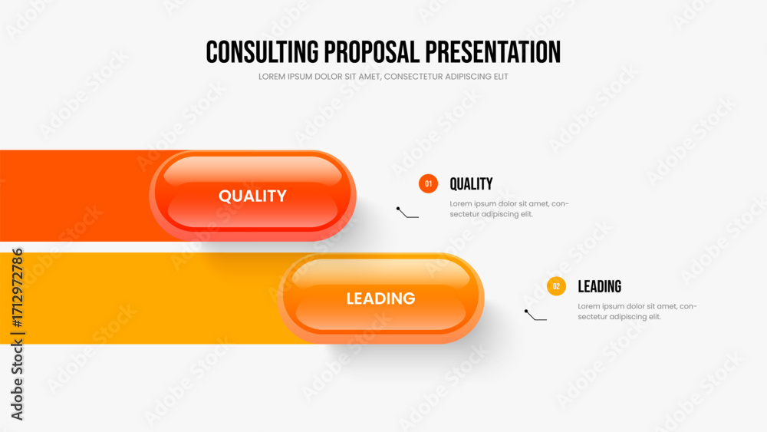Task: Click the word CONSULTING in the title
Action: (262, 52)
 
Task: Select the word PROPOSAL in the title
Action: (372, 52)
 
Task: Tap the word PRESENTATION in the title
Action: (492, 52)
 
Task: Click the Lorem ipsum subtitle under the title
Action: (383, 77)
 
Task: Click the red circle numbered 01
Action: (428, 184)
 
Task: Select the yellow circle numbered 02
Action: (556, 286)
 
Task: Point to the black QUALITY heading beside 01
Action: (471, 184)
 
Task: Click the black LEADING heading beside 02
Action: (599, 286)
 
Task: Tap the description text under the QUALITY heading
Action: (509, 209)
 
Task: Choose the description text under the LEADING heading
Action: (637, 312)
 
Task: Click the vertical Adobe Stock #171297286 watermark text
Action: (17, 334)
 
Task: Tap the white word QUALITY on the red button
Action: (252, 196)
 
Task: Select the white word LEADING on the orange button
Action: (380, 298)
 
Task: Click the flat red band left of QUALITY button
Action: (74, 196)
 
